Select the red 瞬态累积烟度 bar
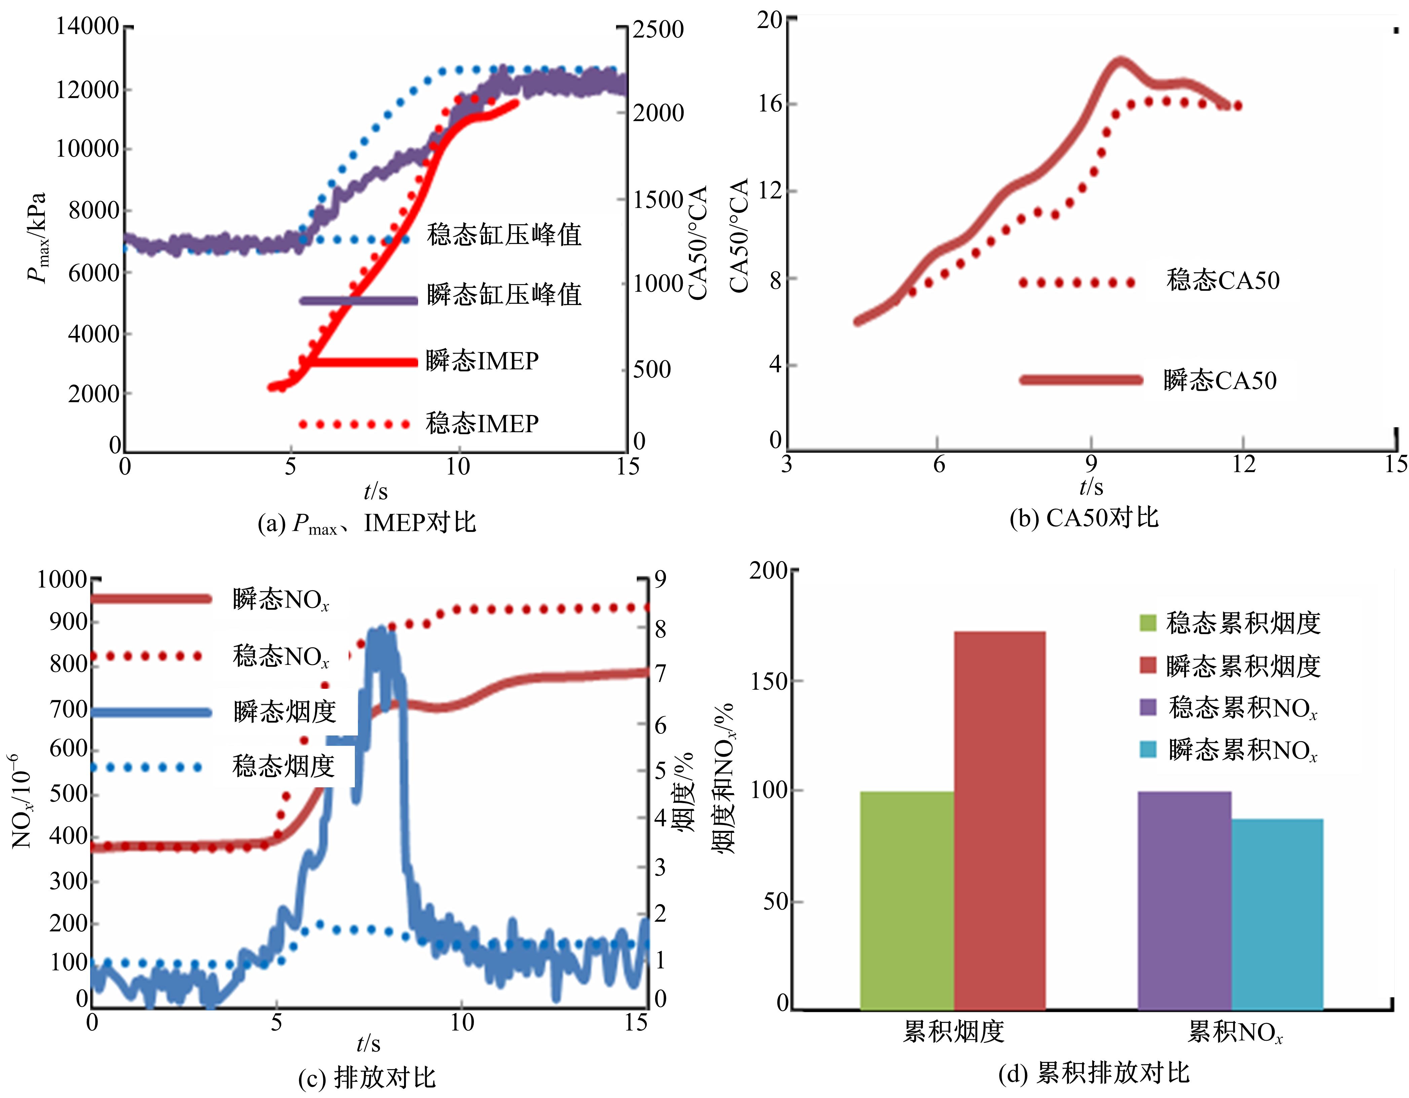tap(999, 820)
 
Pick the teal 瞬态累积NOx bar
tap(1277, 914)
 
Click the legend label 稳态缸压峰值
tap(504, 234)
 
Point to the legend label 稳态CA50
tap(1223, 280)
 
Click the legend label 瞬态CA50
tap(1219, 380)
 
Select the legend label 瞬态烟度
tap(285, 711)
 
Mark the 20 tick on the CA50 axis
tap(769, 20)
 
